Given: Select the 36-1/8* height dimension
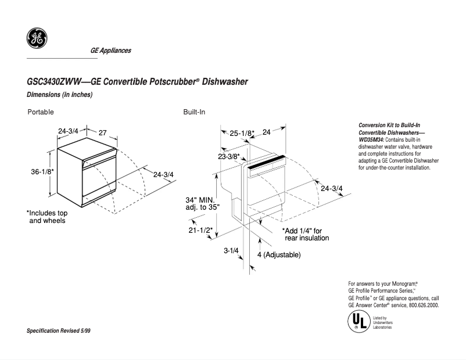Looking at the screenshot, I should (x=42, y=172).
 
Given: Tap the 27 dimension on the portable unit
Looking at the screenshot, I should (x=103, y=133).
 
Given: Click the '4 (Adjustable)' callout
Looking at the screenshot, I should (x=279, y=255).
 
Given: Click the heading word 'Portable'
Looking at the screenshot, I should (x=41, y=111).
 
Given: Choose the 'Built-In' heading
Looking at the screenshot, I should (x=194, y=111).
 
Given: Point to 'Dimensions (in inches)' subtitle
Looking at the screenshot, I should (x=60, y=95).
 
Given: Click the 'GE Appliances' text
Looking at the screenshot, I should (x=110, y=51).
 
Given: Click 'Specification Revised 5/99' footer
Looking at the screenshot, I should (x=59, y=330).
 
